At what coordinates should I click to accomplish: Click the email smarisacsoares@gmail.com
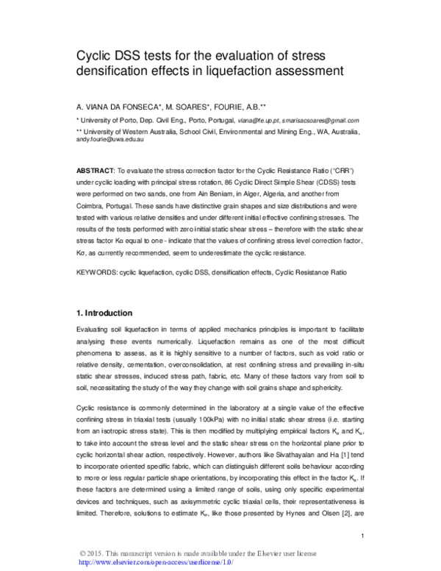point(320,120)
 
